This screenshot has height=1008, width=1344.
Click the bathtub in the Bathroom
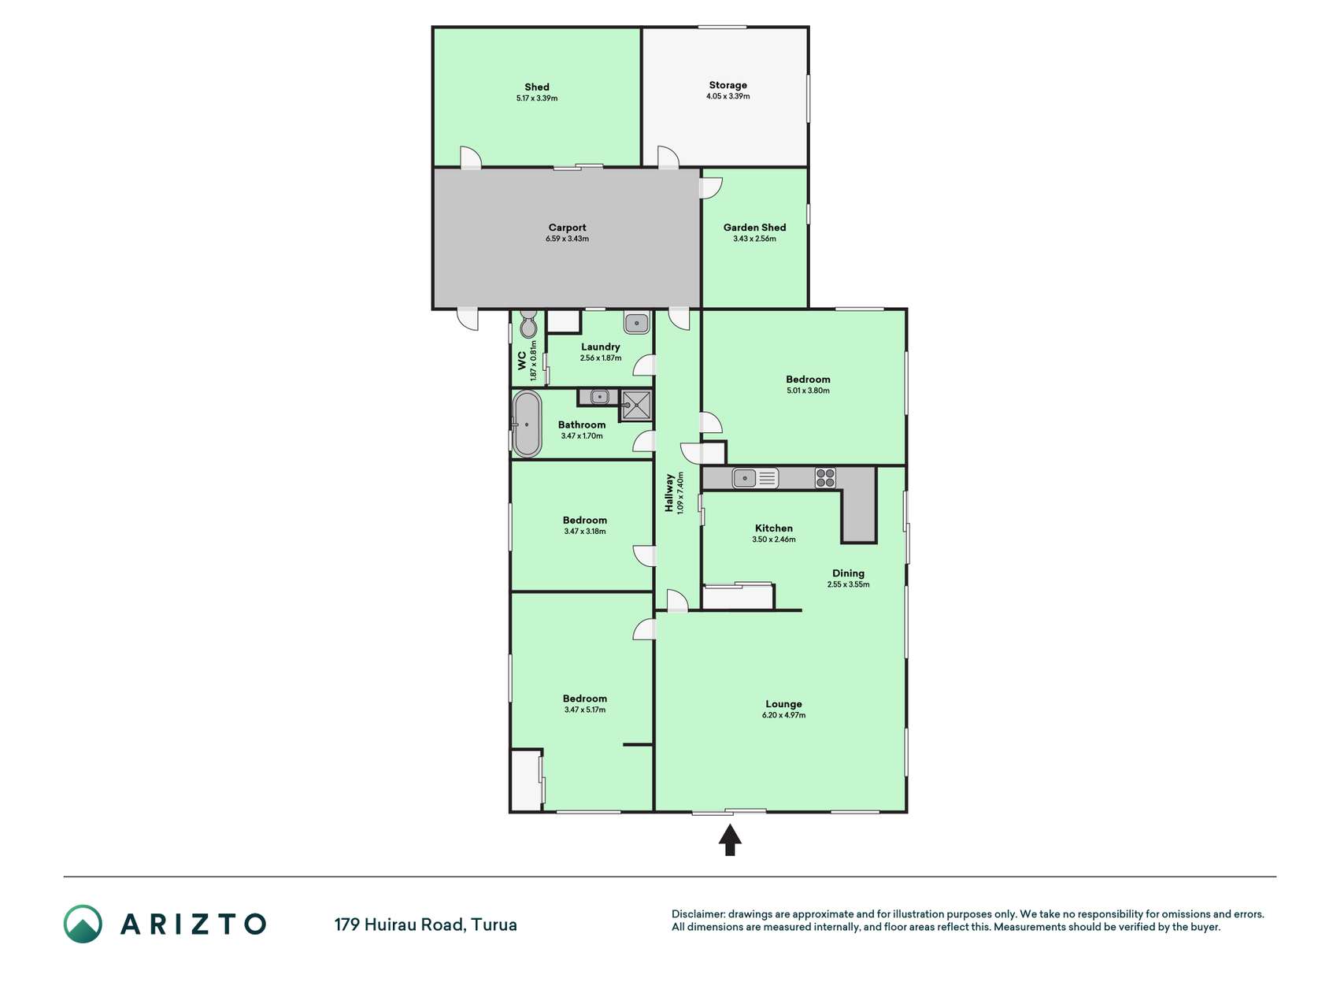[x=527, y=424]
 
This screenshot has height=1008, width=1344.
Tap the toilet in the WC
[x=529, y=324]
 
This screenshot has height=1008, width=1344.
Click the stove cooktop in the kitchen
[x=825, y=478]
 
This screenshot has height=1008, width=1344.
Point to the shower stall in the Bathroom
[x=636, y=406]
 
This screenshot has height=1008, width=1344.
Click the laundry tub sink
[x=636, y=323]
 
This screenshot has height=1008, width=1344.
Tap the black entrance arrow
[x=730, y=839]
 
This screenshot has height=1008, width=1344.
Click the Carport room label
[x=567, y=228]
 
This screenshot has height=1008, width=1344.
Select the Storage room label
[x=728, y=85]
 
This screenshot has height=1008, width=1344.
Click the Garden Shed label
[x=754, y=228]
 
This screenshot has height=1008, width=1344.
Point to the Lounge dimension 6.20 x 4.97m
[x=783, y=715]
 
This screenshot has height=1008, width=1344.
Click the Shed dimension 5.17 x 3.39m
[x=537, y=98]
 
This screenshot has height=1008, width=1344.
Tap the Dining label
[x=848, y=573]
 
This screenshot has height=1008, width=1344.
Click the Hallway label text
[x=669, y=493]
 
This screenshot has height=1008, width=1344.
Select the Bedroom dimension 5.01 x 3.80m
[x=808, y=391]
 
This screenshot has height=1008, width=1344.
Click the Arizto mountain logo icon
[x=83, y=924]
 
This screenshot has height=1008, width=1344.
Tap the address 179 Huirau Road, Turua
[x=426, y=925]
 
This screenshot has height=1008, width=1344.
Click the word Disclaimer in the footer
[x=698, y=914]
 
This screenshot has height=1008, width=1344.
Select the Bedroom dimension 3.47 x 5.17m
[x=584, y=710]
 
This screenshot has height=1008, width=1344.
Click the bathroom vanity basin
[x=600, y=397]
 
